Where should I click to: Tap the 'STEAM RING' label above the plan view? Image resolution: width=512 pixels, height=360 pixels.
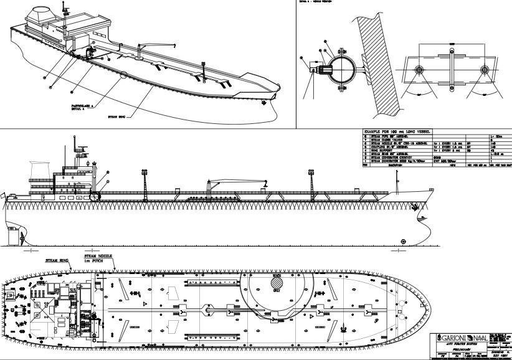[57, 260]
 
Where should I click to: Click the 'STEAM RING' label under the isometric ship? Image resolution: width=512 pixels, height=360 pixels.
[118, 116]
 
